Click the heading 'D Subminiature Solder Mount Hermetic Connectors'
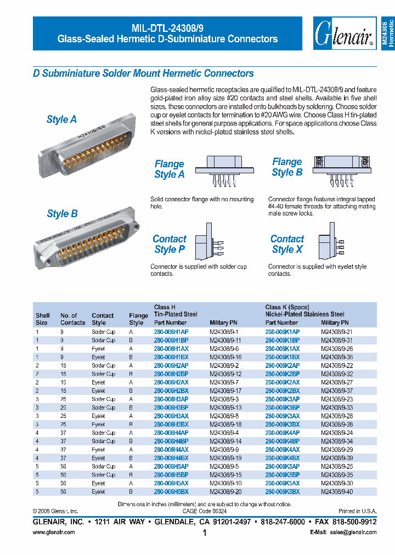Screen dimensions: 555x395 [x=143, y=73]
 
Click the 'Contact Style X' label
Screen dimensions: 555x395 [x=287, y=244]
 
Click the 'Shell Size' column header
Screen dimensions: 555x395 [x=42, y=319]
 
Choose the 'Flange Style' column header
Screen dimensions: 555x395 [x=138, y=319]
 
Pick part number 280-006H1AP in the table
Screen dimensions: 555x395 [x=171, y=332]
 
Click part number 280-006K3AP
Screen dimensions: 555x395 [x=282, y=399]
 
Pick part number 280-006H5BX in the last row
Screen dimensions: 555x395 [x=171, y=492]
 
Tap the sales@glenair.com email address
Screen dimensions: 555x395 [x=355, y=533]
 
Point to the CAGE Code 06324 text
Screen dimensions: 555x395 [x=204, y=510]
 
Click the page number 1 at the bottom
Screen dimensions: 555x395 [x=204, y=533]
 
